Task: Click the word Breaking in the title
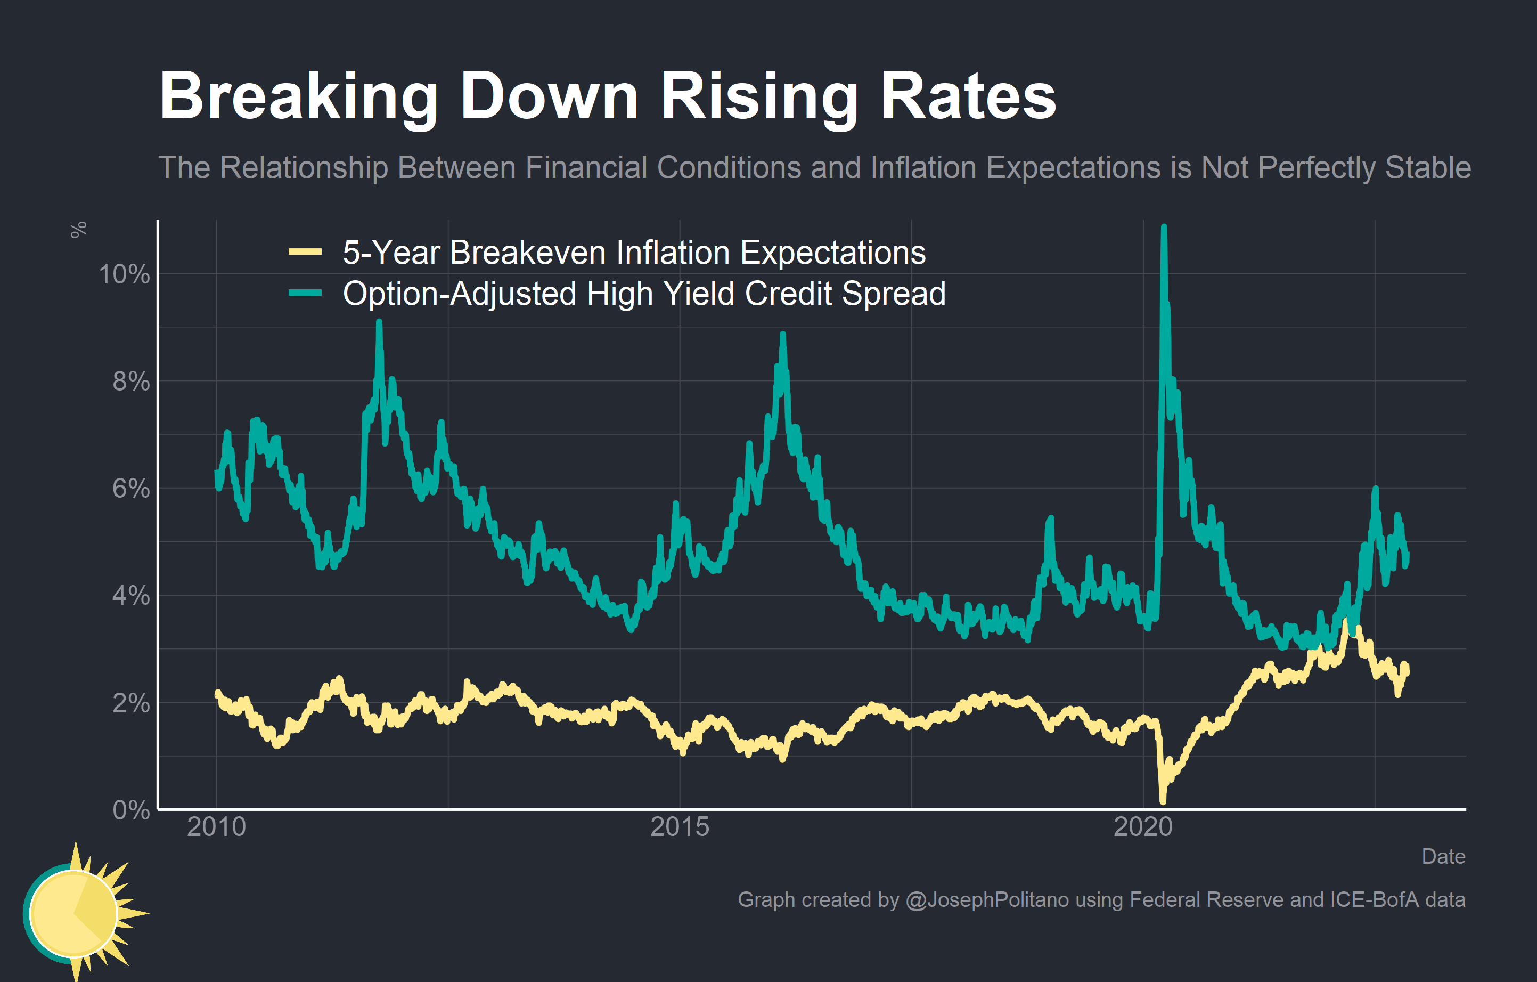click(298, 97)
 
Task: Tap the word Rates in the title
click(968, 97)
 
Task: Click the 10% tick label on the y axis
click(124, 274)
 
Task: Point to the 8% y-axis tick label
click(131, 382)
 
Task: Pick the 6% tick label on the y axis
click(131, 489)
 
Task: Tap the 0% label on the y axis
click(131, 810)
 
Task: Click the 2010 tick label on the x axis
click(216, 827)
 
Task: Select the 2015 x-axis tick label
click(680, 827)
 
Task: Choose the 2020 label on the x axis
click(1143, 827)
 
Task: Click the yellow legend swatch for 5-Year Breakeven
click(305, 252)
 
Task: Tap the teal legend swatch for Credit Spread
click(305, 293)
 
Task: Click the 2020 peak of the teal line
click(1164, 228)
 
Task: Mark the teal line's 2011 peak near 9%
click(379, 323)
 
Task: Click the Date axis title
click(1443, 857)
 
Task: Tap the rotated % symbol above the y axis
click(78, 230)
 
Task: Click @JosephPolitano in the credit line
click(987, 899)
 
